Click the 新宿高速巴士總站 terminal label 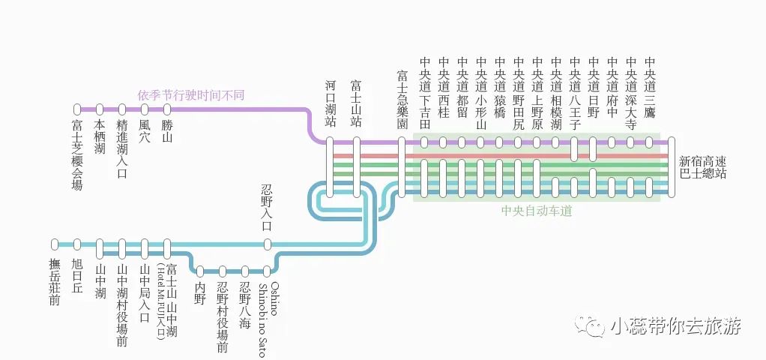coord(702,168)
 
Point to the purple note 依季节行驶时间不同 coord(190,95)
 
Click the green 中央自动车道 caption coord(537,211)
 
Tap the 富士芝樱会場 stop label coord(77,154)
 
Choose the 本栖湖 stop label coord(100,137)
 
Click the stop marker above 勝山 coord(167,109)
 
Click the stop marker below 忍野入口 coord(268,244)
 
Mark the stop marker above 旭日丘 coord(77,244)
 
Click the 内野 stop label coord(199,293)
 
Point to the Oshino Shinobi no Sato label coord(268,319)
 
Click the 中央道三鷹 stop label coord(649,94)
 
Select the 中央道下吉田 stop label coord(424,94)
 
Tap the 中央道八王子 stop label coord(574,94)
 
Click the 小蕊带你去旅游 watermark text coord(675,326)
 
